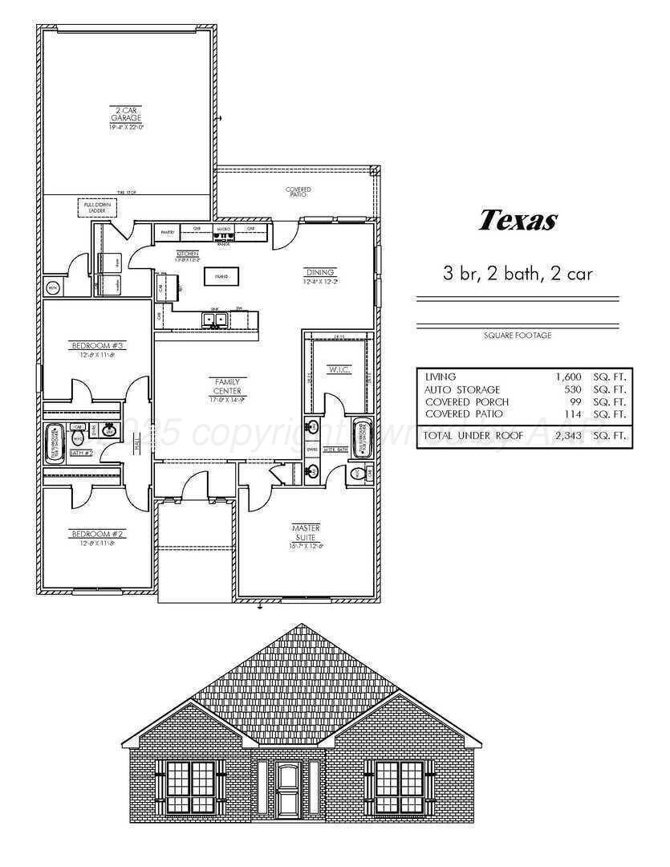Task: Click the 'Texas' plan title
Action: tap(517, 220)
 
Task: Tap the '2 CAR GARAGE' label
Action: tap(126, 117)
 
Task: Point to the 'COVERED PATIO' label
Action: tap(298, 192)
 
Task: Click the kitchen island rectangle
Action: tap(217, 277)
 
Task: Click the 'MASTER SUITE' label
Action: tap(306, 532)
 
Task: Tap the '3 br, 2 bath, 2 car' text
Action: tap(518, 273)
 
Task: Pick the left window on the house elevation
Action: tap(190, 786)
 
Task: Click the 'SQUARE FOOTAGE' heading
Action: tap(518, 336)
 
